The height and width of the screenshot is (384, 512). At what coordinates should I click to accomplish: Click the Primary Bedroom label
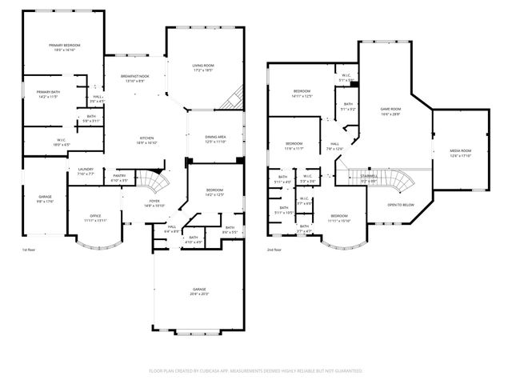(65, 46)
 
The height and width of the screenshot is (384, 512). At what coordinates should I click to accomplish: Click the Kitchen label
(146, 138)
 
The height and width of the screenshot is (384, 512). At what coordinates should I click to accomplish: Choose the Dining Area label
(214, 137)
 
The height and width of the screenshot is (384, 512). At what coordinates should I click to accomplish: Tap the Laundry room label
(86, 169)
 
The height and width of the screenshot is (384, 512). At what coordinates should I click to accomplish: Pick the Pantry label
(119, 175)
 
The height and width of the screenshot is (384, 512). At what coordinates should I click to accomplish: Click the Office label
(94, 215)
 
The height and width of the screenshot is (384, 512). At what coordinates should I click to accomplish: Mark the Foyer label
(154, 201)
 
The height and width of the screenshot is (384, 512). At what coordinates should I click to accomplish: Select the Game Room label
(390, 109)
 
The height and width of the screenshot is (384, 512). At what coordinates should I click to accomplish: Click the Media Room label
(459, 150)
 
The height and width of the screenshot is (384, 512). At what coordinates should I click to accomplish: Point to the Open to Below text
(401, 205)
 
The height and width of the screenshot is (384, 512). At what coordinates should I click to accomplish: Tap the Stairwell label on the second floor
(369, 175)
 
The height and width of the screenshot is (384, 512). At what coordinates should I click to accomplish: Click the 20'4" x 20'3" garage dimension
(199, 294)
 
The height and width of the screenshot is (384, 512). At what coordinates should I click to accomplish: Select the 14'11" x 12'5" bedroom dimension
(302, 96)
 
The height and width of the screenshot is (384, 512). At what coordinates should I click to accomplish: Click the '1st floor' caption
(29, 250)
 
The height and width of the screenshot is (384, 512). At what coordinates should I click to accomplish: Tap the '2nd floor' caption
(274, 250)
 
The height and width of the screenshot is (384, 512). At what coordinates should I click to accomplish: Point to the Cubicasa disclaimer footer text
(256, 370)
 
